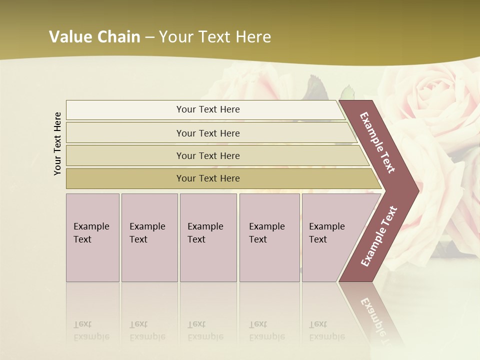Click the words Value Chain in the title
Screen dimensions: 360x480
coord(94,37)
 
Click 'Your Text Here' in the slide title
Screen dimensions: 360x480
coord(215,37)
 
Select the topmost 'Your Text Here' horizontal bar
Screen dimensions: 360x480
coord(208,109)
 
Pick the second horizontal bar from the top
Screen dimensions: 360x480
coord(208,133)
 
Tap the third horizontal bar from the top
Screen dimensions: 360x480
coord(208,155)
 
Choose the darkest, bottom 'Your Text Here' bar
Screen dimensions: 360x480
coord(208,178)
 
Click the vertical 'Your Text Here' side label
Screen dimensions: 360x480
coord(58,144)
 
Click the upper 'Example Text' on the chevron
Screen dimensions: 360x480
coord(377,142)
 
